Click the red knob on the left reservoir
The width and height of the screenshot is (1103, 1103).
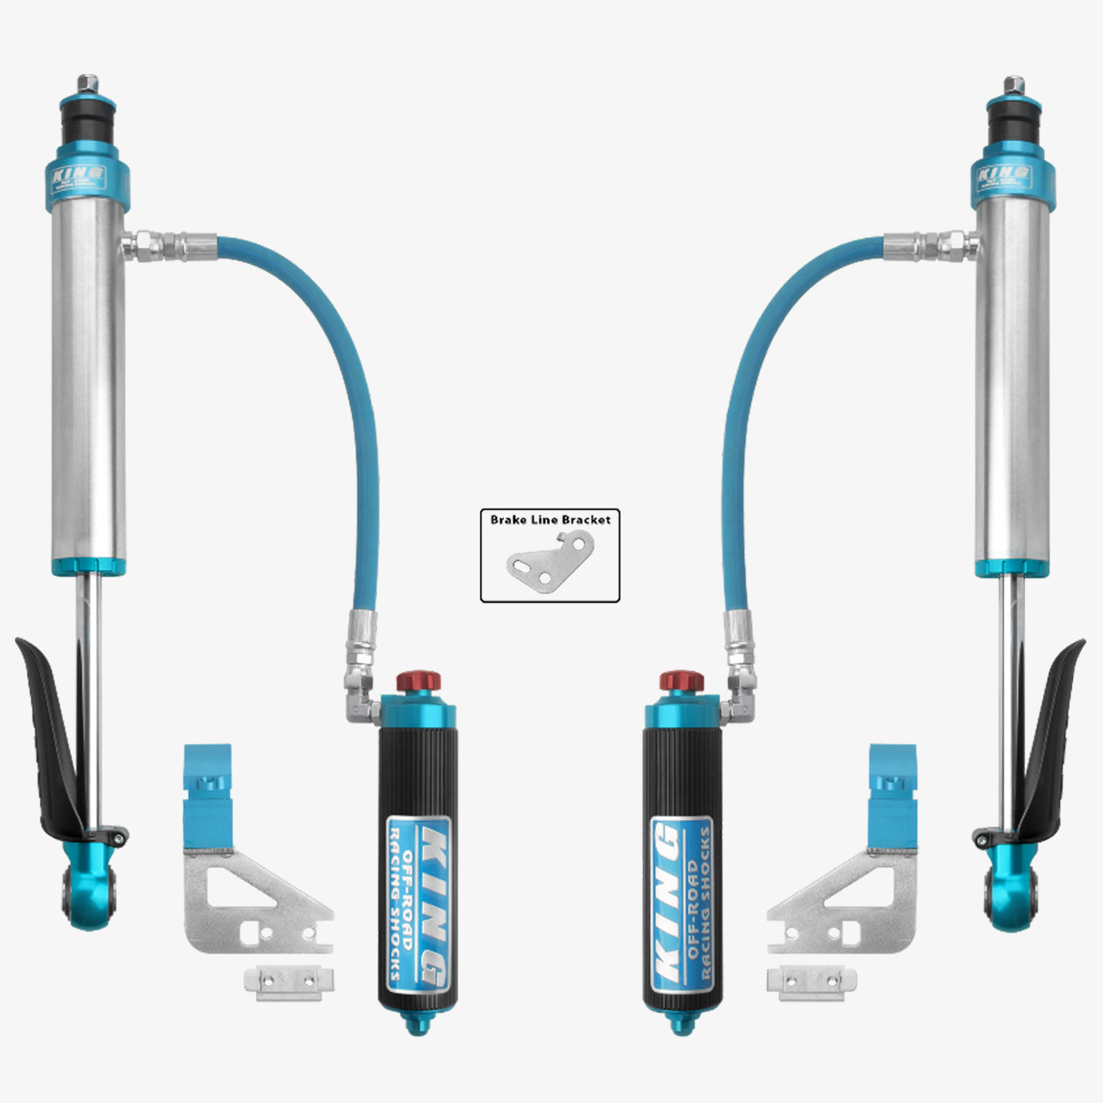[x=418, y=681]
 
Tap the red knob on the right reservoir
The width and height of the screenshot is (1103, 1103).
[x=681, y=681]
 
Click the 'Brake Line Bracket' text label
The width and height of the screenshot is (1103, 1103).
[x=550, y=520]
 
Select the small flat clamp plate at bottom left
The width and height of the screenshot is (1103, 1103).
[x=288, y=982]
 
